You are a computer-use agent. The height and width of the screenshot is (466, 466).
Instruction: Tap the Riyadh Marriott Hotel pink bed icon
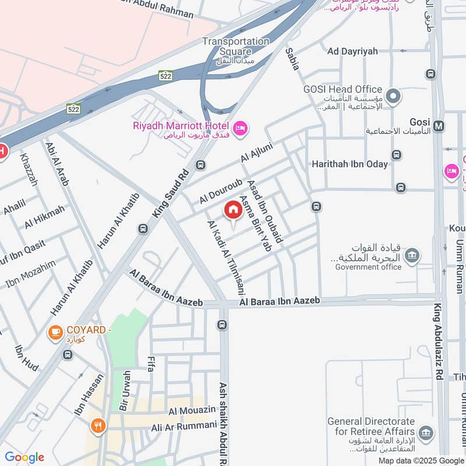(239, 128)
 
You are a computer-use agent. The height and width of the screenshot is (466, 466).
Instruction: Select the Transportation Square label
(236, 46)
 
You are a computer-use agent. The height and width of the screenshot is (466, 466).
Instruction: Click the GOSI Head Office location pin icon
(394, 95)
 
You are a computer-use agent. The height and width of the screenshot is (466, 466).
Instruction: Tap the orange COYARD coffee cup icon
(55, 332)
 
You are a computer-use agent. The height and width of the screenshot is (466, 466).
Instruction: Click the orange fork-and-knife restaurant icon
(97, 425)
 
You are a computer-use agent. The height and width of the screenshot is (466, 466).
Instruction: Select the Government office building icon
(412, 255)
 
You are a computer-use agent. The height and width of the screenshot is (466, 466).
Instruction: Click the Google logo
(24, 457)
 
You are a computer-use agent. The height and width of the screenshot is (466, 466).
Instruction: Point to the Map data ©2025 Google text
(421, 460)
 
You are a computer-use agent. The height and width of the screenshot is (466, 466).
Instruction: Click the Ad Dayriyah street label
(349, 51)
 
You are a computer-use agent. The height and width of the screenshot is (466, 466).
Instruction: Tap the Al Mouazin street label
(189, 412)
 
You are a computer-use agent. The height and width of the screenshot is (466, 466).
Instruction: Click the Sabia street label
(292, 59)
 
